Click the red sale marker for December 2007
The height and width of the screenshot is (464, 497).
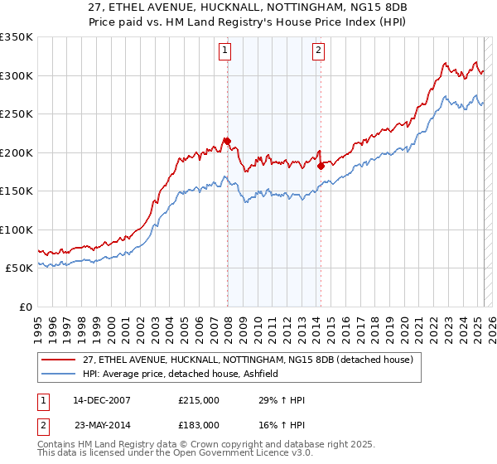pyautogui.click(x=227, y=141)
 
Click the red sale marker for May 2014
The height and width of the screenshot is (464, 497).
pyautogui.click(x=321, y=166)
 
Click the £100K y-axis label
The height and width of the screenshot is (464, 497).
pyautogui.click(x=17, y=230)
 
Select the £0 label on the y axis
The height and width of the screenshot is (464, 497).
pyautogui.click(x=25, y=307)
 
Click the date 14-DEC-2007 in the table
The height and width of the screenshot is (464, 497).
pyautogui.click(x=101, y=400)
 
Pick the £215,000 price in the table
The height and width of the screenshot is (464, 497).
pyautogui.click(x=199, y=400)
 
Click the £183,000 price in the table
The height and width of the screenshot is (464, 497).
pyautogui.click(x=199, y=424)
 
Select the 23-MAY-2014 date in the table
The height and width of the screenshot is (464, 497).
pyautogui.click(x=101, y=424)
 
